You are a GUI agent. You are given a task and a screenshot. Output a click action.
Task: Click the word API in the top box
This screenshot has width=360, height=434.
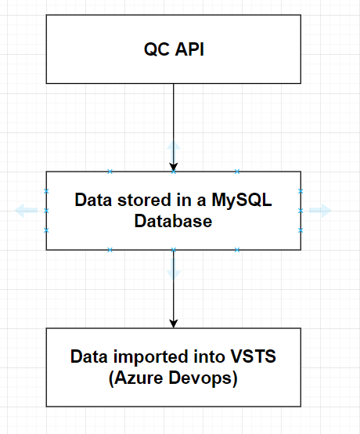pos(189,49)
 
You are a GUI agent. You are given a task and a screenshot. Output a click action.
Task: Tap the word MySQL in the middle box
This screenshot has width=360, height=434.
pos(242,201)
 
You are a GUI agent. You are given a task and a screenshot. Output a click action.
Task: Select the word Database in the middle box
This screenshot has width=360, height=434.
pos(174,221)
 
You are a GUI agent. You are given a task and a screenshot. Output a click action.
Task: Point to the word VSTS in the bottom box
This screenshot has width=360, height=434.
pos(254,356)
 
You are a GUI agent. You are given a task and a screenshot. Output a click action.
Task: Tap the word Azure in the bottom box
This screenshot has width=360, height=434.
pos(139,378)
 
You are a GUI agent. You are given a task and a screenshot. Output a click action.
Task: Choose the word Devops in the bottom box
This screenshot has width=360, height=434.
pos(200,378)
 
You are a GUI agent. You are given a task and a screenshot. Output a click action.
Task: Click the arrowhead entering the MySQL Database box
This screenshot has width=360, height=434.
pos(174,167)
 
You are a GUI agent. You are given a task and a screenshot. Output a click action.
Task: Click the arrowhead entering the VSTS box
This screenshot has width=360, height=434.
pos(174,324)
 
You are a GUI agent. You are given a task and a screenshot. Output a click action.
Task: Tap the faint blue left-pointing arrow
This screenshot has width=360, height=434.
pos(26,211)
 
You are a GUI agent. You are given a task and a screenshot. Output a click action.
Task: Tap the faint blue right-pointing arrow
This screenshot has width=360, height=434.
pos(320,211)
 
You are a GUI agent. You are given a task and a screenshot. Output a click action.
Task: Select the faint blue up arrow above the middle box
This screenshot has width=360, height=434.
pos(174,152)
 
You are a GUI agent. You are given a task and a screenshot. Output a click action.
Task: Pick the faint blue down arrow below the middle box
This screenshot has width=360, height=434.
pos(174,269)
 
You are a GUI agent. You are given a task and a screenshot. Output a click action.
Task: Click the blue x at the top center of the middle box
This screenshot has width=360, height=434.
pos(174,172)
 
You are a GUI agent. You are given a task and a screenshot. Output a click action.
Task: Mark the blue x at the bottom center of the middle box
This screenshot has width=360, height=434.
pos(174,250)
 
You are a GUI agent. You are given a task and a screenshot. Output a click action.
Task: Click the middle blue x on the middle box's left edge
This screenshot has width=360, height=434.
pos(46,211)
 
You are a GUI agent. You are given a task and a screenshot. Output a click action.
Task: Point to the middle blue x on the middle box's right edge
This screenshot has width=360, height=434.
pos(301,211)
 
